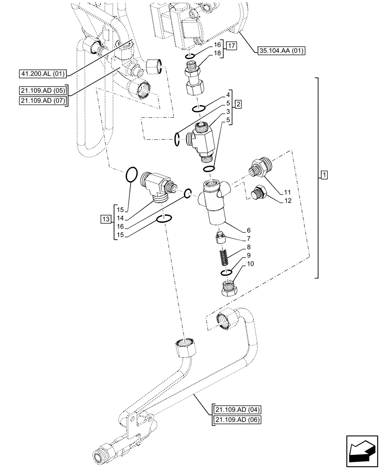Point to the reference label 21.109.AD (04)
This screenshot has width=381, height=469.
coord(236,410)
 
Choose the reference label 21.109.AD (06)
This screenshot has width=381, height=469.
coord(236,420)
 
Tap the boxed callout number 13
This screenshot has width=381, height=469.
coord(106,219)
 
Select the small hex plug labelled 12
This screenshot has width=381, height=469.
coord(259,194)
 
